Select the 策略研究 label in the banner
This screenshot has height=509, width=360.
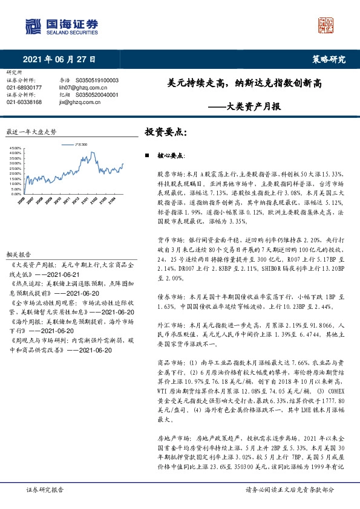click(328, 59)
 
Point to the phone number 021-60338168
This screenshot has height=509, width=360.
click(24, 102)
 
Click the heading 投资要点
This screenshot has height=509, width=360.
click(165, 131)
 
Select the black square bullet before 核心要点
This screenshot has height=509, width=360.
click(147, 156)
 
